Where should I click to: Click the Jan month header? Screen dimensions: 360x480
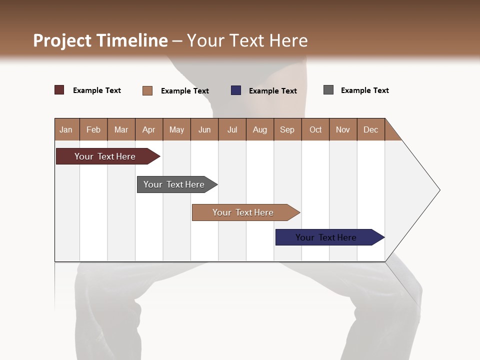pyautogui.click(x=66, y=129)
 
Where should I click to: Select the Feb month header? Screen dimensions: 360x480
pyautogui.click(x=93, y=129)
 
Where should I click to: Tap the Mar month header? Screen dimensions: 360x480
pyautogui.click(x=121, y=129)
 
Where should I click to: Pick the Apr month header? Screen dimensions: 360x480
pyautogui.click(x=149, y=129)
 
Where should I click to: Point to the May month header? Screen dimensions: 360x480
pyautogui.click(x=176, y=129)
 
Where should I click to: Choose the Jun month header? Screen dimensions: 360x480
pyautogui.click(x=204, y=129)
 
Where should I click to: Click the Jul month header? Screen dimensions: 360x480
pyautogui.click(x=232, y=129)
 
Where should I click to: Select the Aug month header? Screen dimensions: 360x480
pyautogui.click(x=260, y=129)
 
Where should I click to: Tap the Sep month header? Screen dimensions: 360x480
pyautogui.click(x=287, y=129)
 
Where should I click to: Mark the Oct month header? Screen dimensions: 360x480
pyautogui.click(x=315, y=129)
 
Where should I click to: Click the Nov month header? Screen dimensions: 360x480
pyautogui.click(x=343, y=129)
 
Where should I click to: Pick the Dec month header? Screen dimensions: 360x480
pyautogui.click(x=371, y=129)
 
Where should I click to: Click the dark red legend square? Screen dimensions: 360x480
pyautogui.click(x=59, y=90)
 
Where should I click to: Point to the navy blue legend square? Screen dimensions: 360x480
pyautogui.click(x=236, y=90)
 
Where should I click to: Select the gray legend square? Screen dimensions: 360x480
pyautogui.click(x=328, y=90)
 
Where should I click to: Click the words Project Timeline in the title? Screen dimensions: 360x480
pyautogui.click(x=100, y=40)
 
